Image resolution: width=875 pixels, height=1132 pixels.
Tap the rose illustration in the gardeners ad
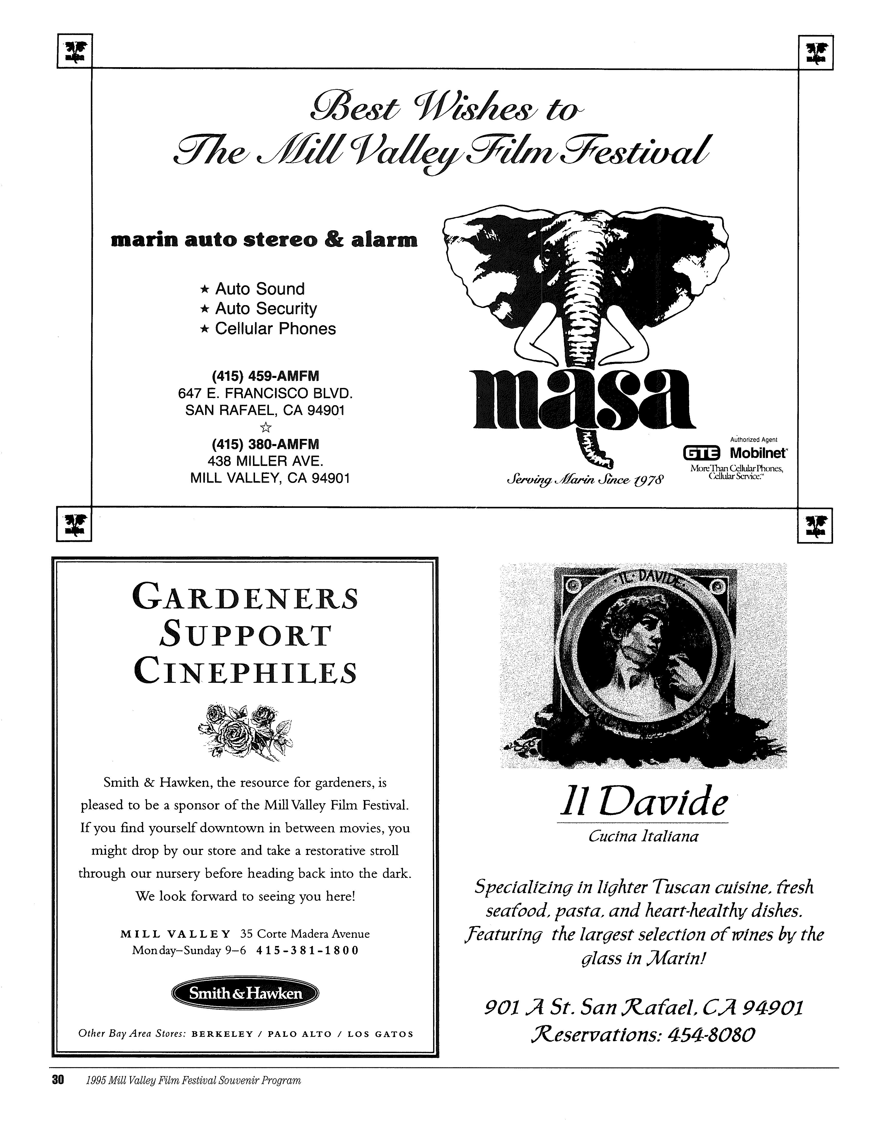point(245,731)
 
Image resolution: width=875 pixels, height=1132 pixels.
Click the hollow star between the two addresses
point(265,427)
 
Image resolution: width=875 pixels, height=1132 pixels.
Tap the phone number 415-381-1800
point(307,951)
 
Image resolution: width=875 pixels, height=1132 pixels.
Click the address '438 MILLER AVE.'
point(265,461)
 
